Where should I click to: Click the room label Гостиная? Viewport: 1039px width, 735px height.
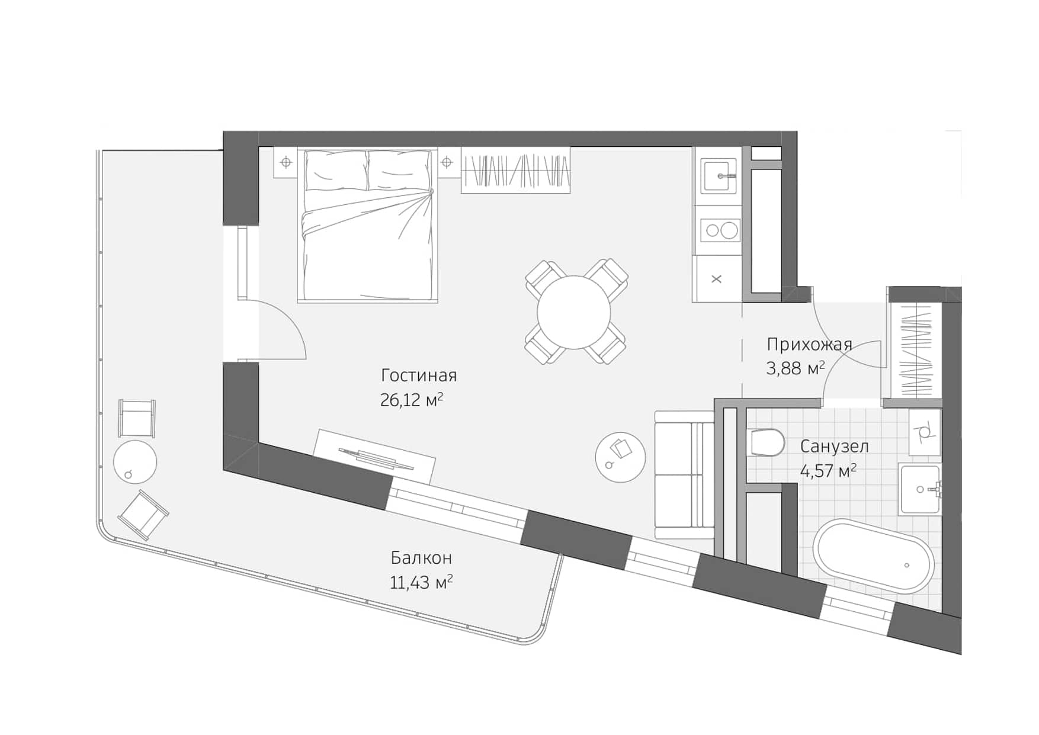(419, 375)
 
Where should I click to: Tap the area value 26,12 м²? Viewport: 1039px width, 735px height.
(411, 400)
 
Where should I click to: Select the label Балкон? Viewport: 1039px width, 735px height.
(421, 558)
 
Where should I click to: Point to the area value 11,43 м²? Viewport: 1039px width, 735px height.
(421, 583)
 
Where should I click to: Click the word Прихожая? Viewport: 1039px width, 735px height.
(809, 344)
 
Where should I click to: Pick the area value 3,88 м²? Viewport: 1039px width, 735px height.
(795, 368)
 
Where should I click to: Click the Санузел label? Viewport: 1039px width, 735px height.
(834, 447)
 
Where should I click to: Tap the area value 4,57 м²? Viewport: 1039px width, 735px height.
(828, 471)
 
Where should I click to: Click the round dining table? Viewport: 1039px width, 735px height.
(573, 312)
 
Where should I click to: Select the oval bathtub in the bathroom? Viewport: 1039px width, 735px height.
(873, 556)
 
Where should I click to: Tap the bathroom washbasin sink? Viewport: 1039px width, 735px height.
(919, 489)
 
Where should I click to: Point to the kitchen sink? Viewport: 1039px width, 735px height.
(719, 176)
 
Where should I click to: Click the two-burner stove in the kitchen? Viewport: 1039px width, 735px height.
(720, 230)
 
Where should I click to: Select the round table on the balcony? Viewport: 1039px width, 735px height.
(135, 462)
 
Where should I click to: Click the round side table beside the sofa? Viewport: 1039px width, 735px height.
(620, 457)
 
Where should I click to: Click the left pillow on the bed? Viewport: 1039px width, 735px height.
(336, 170)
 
